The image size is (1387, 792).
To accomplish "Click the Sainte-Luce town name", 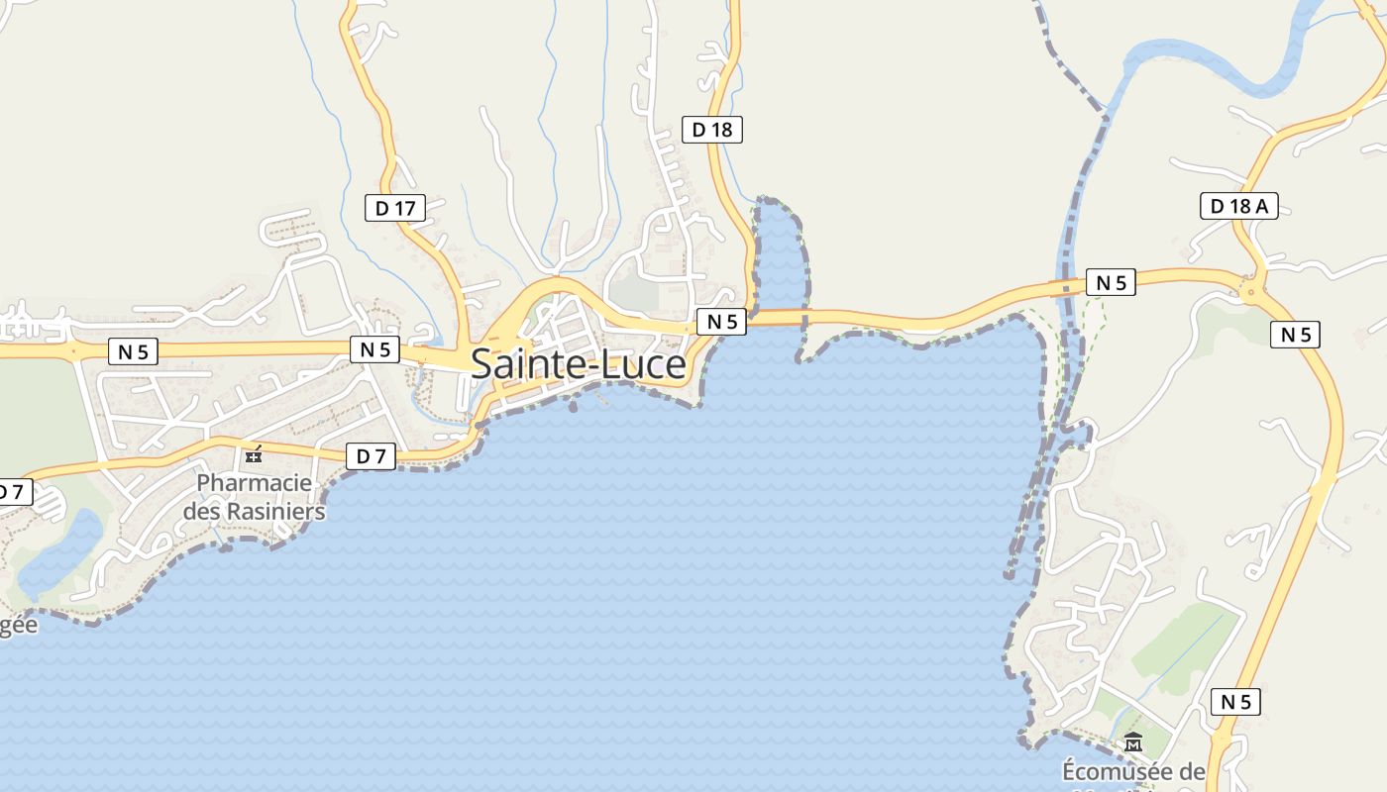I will [579, 364].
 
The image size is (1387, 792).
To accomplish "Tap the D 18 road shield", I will [711, 129].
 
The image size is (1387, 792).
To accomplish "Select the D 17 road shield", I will [394, 208].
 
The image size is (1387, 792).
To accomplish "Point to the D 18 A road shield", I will [1238, 206].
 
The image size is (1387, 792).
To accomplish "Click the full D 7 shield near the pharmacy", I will [371, 456].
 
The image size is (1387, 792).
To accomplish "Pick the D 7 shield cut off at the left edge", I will [14, 492].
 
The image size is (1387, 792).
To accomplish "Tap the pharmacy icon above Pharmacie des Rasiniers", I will [254, 455].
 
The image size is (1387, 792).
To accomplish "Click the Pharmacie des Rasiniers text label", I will [254, 498].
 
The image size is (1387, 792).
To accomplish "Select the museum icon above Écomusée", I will [1133, 742].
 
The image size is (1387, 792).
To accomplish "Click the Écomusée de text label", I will [1133, 771].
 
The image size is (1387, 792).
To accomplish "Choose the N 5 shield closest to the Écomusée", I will [1235, 702].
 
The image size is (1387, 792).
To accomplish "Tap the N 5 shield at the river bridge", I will [1111, 282].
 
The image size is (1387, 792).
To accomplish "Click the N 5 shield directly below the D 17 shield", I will [374, 348].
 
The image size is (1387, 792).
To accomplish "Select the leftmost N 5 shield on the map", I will [133, 351].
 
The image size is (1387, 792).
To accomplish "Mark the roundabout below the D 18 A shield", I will [1250, 290].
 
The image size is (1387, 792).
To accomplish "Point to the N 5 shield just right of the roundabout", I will [1295, 335].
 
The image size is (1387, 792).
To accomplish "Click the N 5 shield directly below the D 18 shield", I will [721, 321].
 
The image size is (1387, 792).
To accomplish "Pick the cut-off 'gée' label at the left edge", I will [18, 625].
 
